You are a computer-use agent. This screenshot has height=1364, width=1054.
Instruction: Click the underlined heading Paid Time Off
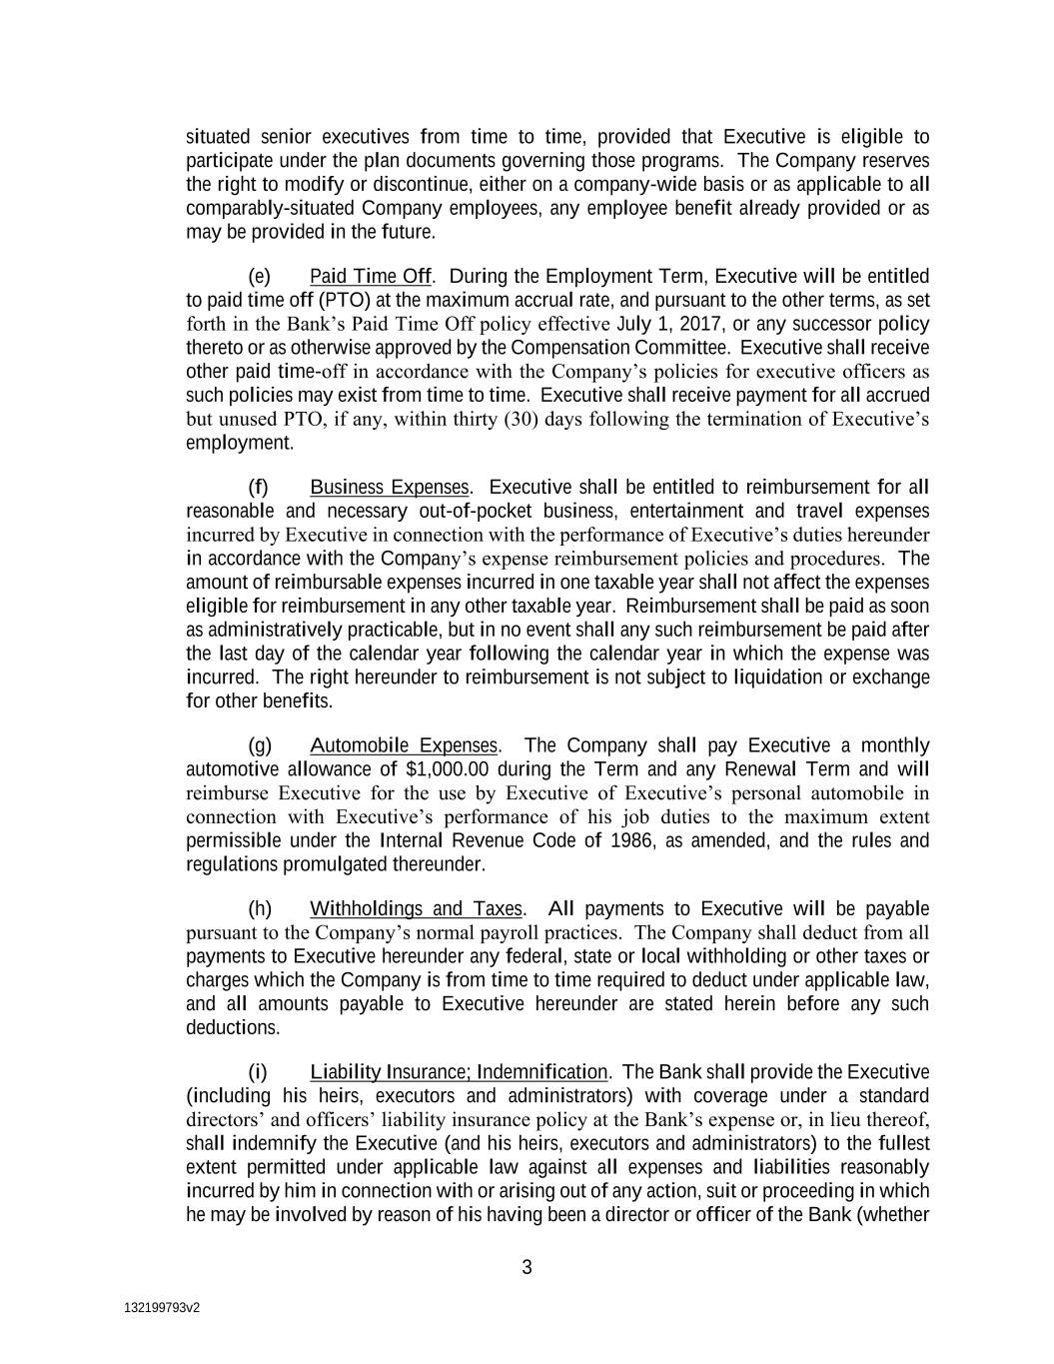tap(371, 277)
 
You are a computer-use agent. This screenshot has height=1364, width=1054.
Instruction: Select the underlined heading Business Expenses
tap(389, 488)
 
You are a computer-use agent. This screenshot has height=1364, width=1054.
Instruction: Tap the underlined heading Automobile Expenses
tap(403, 746)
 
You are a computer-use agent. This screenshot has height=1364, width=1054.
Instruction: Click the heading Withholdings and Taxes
tap(416, 909)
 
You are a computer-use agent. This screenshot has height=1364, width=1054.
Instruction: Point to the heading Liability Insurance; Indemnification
tap(459, 1072)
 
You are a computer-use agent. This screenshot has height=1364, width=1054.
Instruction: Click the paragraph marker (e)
tap(259, 277)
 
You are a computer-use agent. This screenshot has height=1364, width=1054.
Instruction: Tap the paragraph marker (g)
tap(259, 746)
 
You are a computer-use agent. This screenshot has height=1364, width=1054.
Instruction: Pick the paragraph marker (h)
tap(259, 909)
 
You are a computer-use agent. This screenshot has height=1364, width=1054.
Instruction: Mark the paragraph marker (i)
tap(258, 1072)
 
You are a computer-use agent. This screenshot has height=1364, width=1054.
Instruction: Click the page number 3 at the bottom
tap(527, 1268)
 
